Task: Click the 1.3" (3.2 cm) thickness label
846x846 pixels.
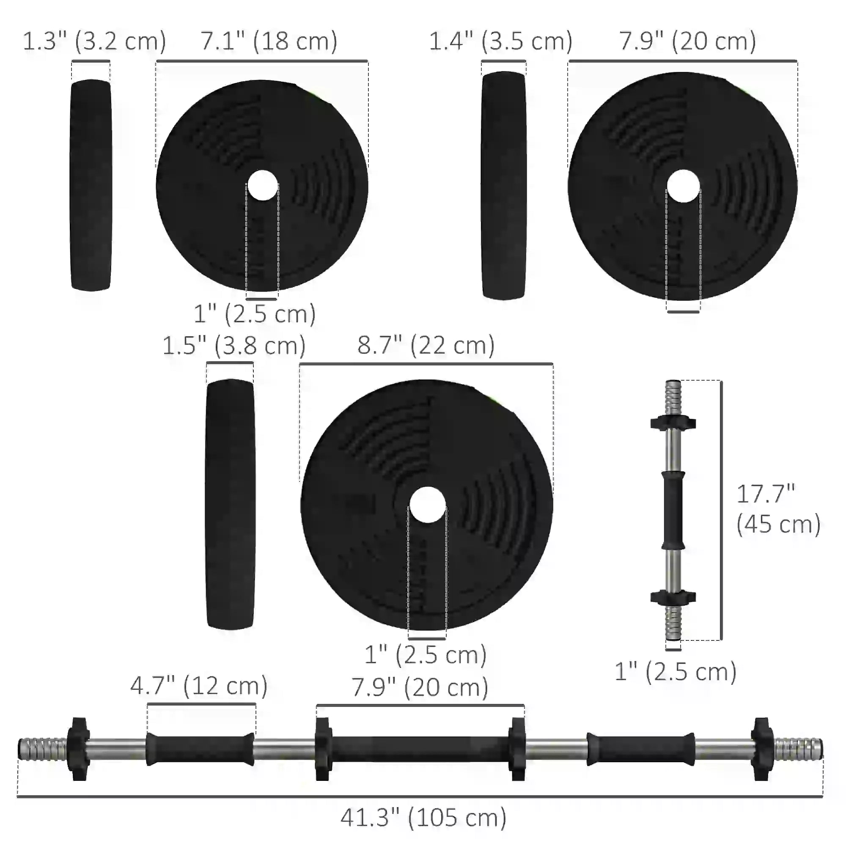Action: (94, 41)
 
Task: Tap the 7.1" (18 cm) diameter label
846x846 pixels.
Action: (269, 41)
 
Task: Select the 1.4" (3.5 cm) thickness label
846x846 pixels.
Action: (500, 41)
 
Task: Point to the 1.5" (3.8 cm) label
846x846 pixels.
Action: (234, 346)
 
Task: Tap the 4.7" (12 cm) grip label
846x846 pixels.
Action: (199, 685)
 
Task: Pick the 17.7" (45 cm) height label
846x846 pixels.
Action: (778, 509)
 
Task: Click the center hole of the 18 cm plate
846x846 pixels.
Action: (262, 185)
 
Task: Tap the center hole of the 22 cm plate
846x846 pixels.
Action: (427, 505)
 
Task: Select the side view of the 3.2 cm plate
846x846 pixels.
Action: (91, 185)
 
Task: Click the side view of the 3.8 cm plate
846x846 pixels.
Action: (230, 505)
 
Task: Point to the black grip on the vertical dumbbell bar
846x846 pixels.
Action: (673, 510)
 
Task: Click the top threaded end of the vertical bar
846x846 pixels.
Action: (673, 397)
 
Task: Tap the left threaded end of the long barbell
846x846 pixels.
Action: (42, 749)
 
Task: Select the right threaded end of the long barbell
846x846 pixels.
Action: (798, 749)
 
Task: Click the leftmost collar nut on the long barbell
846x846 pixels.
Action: (79, 749)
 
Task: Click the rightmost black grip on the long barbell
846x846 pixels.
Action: (640, 749)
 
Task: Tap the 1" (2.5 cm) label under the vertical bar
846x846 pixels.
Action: (675, 672)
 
